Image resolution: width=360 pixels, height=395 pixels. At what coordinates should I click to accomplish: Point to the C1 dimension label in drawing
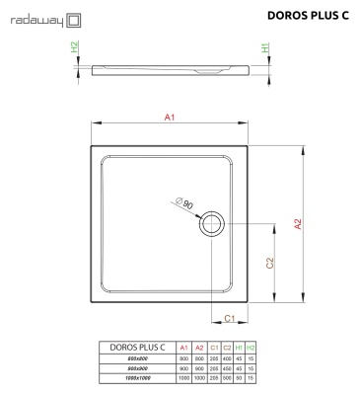(x=228, y=318)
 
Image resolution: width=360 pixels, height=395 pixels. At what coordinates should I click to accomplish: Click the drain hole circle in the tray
(x=212, y=225)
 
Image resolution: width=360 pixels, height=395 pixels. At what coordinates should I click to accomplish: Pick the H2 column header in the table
(x=251, y=349)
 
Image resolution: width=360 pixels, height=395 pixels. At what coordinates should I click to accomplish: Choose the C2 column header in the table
(x=225, y=349)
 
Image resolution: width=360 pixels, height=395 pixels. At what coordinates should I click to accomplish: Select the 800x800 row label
(x=137, y=359)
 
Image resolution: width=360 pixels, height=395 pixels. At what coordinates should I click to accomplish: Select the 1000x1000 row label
(x=137, y=378)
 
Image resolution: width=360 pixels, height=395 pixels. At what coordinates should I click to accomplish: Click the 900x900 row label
(x=137, y=368)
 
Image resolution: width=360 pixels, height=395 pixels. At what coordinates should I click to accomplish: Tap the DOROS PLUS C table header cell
(x=137, y=349)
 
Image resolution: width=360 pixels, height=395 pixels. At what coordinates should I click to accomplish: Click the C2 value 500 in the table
(x=225, y=378)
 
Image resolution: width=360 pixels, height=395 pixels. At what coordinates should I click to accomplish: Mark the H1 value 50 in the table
(x=239, y=378)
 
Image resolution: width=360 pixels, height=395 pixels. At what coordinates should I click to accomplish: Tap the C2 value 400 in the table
(x=225, y=359)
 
